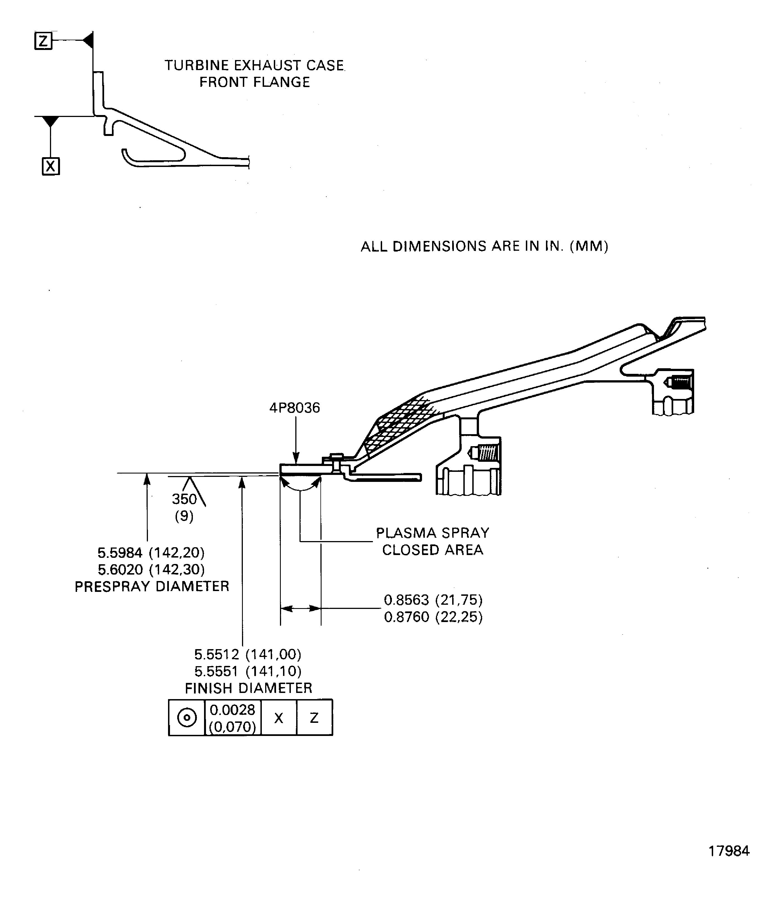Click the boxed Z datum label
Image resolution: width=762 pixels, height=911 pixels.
coord(43,41)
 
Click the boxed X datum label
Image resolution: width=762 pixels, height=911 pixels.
coord(51,166)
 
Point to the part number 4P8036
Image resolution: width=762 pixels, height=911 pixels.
coord(294,408)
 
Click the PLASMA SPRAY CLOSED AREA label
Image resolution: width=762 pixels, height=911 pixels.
coord(432,541)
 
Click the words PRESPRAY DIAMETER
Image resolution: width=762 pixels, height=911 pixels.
coord(152,587)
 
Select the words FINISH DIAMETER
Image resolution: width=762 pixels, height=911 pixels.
coord(248,688)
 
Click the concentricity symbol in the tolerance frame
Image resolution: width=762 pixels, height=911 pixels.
coord(187,718)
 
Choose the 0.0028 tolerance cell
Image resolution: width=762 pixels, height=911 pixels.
coord(233,718)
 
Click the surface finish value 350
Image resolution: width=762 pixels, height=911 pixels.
coord(184,499)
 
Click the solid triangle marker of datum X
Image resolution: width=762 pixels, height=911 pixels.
coord(51,121)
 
